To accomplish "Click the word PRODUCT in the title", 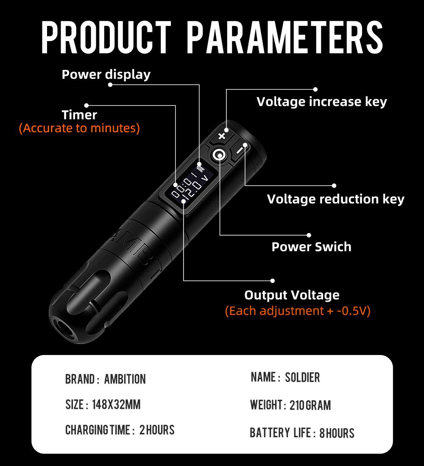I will coord(106,38).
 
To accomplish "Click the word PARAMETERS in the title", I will coord(285,38).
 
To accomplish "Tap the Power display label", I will coord(106,75).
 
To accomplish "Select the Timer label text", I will coord(79,115).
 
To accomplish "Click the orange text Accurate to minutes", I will coord(79,128).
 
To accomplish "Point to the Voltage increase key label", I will coord(321,102).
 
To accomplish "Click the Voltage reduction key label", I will coord(335,199).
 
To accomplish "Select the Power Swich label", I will coord(311,247).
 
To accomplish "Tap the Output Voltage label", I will coord(292,295).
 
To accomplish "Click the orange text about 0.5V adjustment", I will coord(298,311).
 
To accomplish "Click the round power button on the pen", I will coord(220,155).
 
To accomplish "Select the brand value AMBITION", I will coord(125,379).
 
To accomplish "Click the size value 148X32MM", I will coord(116,405).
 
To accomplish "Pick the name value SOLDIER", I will coord(302,377).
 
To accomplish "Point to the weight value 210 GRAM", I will coord(310,405).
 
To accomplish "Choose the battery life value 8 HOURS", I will coord(337,433).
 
